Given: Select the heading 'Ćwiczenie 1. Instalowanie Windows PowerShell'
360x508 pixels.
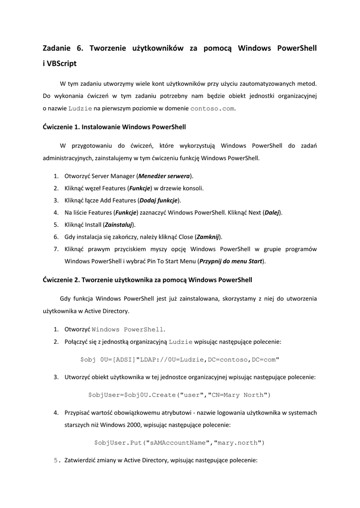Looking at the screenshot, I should [x=114, y=127].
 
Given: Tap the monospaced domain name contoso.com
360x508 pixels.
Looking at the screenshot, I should [x=212, y=108].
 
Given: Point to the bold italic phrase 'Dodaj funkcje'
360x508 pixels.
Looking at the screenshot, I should [x=159, y=200].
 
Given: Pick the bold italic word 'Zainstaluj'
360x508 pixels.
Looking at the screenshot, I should [x=119, y=225].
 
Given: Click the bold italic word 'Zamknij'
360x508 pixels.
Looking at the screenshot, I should [x=208, y=237].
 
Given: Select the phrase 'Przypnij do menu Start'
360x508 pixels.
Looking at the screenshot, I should [x=231, y=261].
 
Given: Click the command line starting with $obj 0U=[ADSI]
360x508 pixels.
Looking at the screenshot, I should [x=179, y=359].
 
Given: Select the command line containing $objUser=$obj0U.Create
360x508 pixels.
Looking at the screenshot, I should [x=179, y=395].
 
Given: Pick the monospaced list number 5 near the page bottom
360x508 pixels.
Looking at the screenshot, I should [x=56, y=460].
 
